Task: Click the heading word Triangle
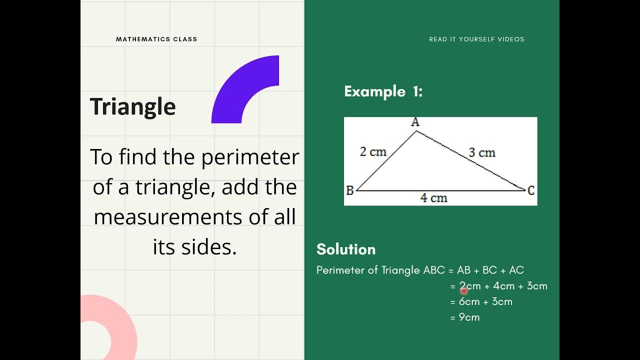click(132, 107)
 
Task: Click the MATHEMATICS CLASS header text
click(156, 39)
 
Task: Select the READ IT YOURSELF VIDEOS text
click(476, 39)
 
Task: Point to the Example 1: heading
click(383, 91)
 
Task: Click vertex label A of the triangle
click(415, 122)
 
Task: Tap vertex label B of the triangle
click(350, 190)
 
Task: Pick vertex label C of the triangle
click(531, 190)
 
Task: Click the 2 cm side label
click(373, 151)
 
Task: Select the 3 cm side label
click(482, 152)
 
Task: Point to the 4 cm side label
click(433, 198)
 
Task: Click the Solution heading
click(346, 249)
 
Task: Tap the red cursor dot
click(463, 290)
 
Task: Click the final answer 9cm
click(469, 317)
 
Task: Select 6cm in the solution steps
click(469, 301)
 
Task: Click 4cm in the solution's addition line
click(503, 286)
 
